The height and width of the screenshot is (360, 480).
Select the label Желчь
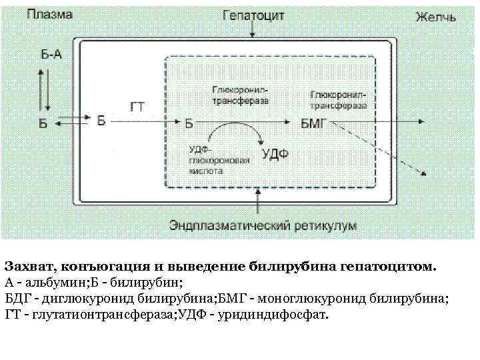435,16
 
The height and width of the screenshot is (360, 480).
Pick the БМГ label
311,123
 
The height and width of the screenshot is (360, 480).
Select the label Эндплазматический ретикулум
263,224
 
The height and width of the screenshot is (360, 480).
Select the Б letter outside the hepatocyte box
43,123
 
